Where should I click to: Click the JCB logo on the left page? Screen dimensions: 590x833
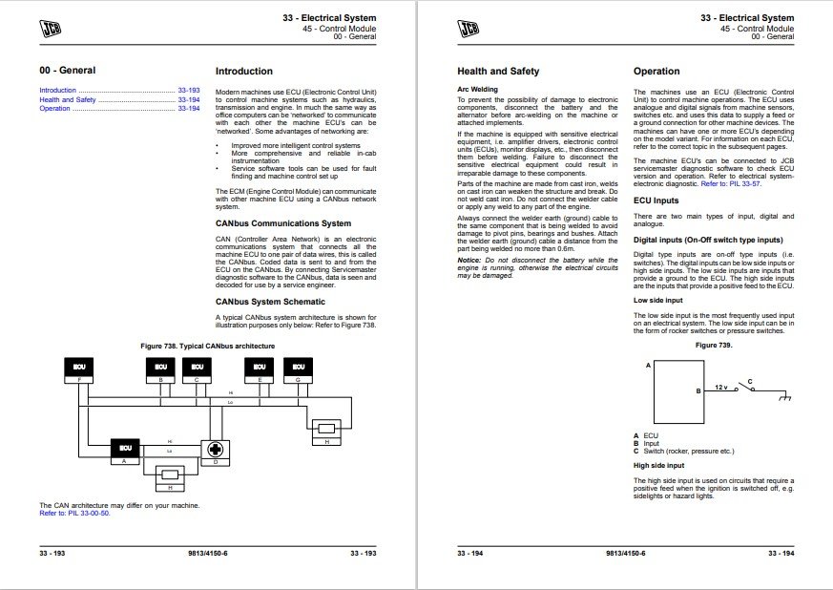[53, 27]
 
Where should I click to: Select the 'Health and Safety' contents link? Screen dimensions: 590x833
[68, 99]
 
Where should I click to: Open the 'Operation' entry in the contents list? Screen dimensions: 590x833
[54, 109]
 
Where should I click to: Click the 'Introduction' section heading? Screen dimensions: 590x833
[243, 72]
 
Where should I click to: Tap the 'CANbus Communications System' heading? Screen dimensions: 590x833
[282, 224]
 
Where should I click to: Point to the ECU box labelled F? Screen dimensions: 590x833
[78, 367]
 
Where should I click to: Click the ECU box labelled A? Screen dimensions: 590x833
[125, 447]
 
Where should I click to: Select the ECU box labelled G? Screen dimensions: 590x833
[300, 367]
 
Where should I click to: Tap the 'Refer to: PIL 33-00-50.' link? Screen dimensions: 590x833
[73, 513]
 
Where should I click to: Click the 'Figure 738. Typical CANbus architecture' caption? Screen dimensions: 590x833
[207, 345]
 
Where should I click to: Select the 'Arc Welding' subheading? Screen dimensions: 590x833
[477, 90]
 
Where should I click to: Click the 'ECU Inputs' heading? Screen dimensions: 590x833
[656, 200]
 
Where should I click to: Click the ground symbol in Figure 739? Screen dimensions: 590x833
[788, 393]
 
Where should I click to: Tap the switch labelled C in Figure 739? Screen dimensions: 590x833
[753, 389]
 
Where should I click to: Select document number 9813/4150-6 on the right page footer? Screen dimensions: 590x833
[625, 554]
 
